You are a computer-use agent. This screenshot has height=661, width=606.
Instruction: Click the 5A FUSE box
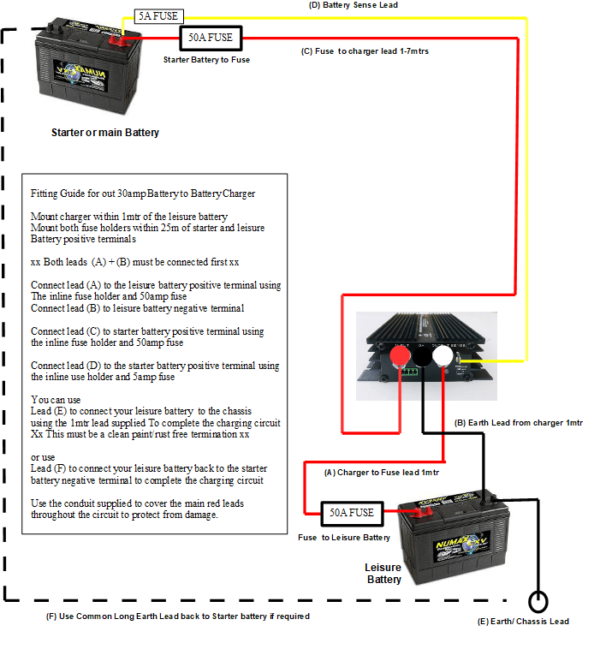point(157,16)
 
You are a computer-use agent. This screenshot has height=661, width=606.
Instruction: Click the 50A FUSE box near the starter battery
point(210,38)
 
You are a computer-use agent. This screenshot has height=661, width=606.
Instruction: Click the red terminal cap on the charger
point(399,355)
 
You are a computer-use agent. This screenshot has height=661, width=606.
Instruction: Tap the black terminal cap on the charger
point(422,355)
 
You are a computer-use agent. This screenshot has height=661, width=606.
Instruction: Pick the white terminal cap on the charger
point(444,355)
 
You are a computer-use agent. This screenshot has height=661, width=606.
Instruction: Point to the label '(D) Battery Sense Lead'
point(377,5)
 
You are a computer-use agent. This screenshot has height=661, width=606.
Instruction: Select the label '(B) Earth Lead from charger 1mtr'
point(519,423)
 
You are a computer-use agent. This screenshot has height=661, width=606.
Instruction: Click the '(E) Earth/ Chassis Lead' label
point(523,622)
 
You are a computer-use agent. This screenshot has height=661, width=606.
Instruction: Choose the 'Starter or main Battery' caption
point(105,133)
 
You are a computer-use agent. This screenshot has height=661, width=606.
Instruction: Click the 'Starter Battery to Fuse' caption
point(206,60)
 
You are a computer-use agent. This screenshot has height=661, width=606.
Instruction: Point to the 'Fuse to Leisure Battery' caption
point(344,538)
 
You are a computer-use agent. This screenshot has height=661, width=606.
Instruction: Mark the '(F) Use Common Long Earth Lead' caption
point(177,616)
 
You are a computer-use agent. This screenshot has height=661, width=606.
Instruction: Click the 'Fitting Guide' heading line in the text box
point(143,194)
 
